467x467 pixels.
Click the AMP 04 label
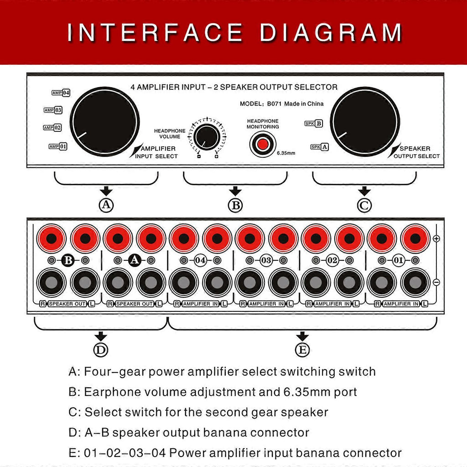pyautogui.click(x=61, y=93)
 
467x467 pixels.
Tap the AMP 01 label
pyautogui.click(x=58, y=146)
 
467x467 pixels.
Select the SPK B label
pyautogui.click(x=314, y=123)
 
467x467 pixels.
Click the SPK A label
pyautogui.click(x=319, y=147)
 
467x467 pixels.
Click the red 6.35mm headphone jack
pyautogui.click(x=263, y=145)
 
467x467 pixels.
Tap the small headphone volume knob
pyautogui.click(x=207, y=137)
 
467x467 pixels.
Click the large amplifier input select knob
pyautogui.click(x=104, y=121)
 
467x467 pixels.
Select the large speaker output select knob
pyautogui.click(x=365, y=121)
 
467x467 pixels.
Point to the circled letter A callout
pyautogui.click(x=106, y=205)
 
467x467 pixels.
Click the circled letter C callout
pyautogui.click(x=364, y=205)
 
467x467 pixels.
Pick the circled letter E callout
pyautogui.click(x=302, y=350)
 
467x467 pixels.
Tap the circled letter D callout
pyautogui.click(x=101, y=350)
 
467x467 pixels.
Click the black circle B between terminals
pyautogui.click(x=68, y=260)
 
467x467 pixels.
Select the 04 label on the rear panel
pyautogui.click(x=201, y=260)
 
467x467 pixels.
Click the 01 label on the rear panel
pyautogui.click(x=399, y=260)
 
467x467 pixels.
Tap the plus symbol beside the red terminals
pyautogui.click(x=436, y=239)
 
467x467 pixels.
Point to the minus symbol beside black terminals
pyautogui.click(x=436, y=282)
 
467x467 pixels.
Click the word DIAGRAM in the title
pyautogui.click(x=331, y=32)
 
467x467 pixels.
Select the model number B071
pyautogui.click(x=274, y=104)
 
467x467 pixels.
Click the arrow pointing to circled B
pyautogui.click(x=235, y=191)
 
